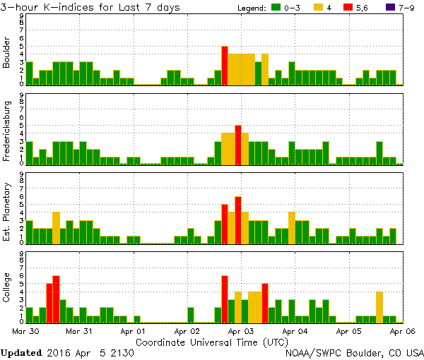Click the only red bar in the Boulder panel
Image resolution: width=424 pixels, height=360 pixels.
pos(225,66)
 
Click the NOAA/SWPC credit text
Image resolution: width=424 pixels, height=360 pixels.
pos(353,352)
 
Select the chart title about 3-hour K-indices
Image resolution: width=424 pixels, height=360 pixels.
pos(90,8)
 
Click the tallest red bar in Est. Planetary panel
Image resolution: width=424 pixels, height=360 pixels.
pos(238,220)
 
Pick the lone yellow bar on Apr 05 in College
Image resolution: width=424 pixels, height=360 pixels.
pos(379,306)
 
